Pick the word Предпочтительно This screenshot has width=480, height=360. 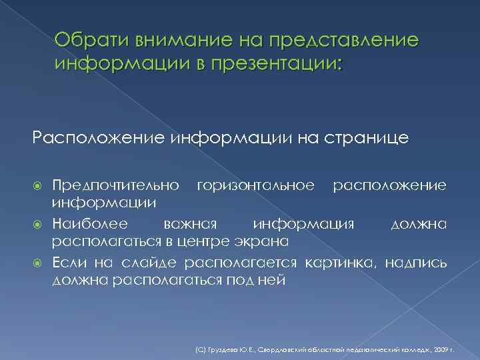tap(115, 183)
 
